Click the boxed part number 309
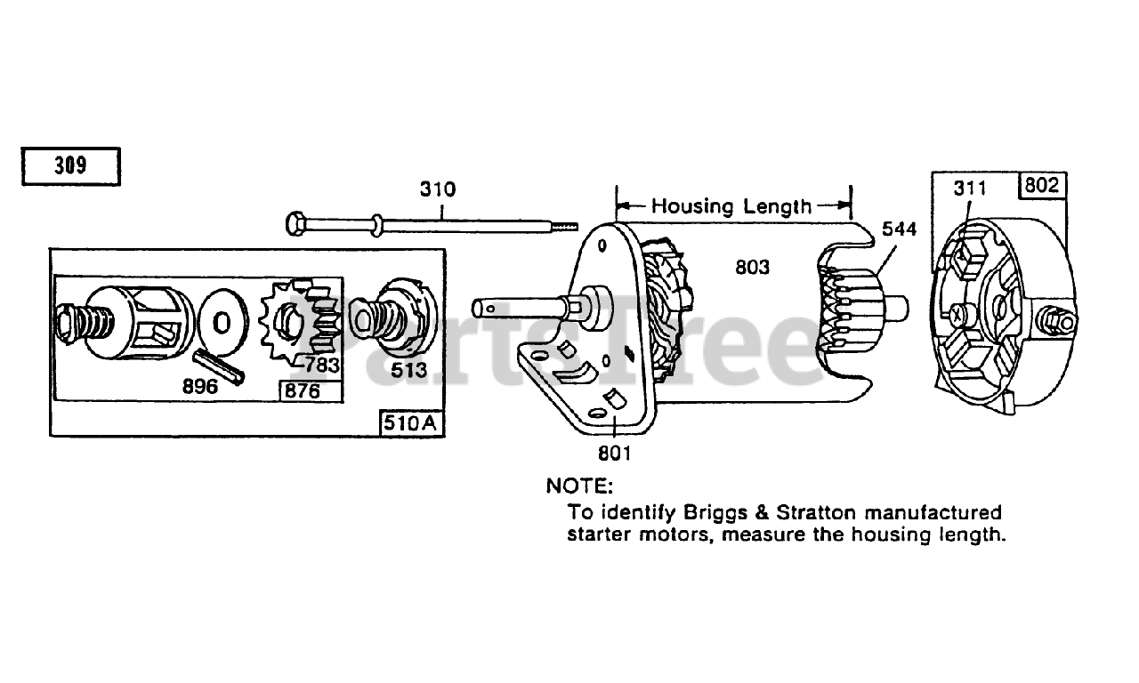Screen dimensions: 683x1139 pos(69,166)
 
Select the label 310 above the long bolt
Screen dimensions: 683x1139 pos(438,189)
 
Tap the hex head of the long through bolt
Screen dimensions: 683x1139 pos(295,222)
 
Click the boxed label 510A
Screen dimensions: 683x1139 pos(411,423)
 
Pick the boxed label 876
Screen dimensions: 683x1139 pos(300,391)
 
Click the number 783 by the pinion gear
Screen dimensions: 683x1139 pos(322,365)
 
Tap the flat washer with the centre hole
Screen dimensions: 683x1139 pos(222,319)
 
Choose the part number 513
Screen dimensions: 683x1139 pos(409,369)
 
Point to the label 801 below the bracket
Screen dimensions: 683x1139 pos(614,453)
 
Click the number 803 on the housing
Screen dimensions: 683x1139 pos(752,266)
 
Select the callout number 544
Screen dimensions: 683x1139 pos(899,229)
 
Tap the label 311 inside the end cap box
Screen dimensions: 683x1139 pos(970,189)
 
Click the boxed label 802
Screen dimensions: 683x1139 pos(1042,185)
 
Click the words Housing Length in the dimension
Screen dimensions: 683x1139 pos(731,206)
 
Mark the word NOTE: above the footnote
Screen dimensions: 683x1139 pos(579,486)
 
